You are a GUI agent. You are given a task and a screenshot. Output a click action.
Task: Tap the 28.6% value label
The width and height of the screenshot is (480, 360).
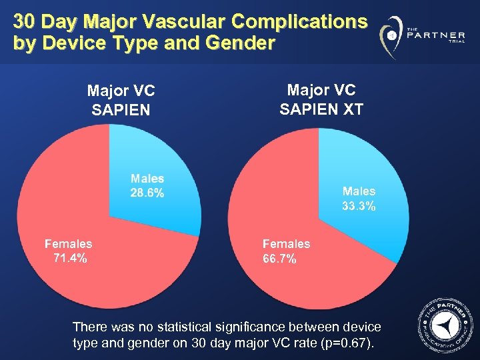coord(148,193)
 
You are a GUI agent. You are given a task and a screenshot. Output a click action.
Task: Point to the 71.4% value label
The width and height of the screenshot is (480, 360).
coord(69,259)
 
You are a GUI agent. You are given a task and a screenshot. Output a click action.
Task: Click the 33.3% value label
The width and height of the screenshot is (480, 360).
coord(359,207)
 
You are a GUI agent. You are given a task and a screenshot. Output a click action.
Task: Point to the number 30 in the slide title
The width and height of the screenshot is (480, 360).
coord(24,22)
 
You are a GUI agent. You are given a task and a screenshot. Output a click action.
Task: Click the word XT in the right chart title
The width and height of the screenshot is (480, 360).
coord(351,109)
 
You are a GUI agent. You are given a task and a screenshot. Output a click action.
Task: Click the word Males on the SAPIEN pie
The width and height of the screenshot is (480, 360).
coord(147,179)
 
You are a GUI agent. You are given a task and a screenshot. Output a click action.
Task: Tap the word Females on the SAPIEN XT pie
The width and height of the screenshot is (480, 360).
coord(287,244)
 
